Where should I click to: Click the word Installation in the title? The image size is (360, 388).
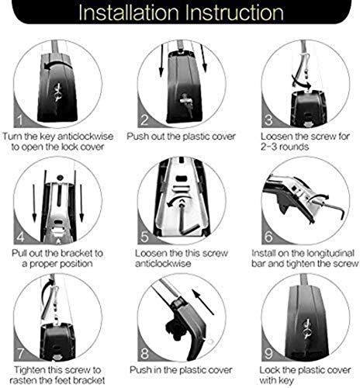pyautogui.click(x=129, y=12)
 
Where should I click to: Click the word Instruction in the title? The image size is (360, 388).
pyautogui.click(x=235, y=12)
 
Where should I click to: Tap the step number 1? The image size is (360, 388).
pyautogui.click(x=19, y=120)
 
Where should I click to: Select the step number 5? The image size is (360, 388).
pyautogui.click(x=144, y=237)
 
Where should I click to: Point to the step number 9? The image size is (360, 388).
pyautogui.click(x=268, y=353)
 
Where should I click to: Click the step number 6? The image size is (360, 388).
pyautogui.click(x=268, y=237)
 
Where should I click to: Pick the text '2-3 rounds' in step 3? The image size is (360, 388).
pyautogui.click(x=285, y=147)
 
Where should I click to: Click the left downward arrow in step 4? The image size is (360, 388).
pyautogui.click(x=34, y=203)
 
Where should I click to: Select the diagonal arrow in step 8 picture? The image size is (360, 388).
pyautogui.click(x=203, y=302)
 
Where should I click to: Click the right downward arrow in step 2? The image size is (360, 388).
pyautogui.click(x=203, y=58)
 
